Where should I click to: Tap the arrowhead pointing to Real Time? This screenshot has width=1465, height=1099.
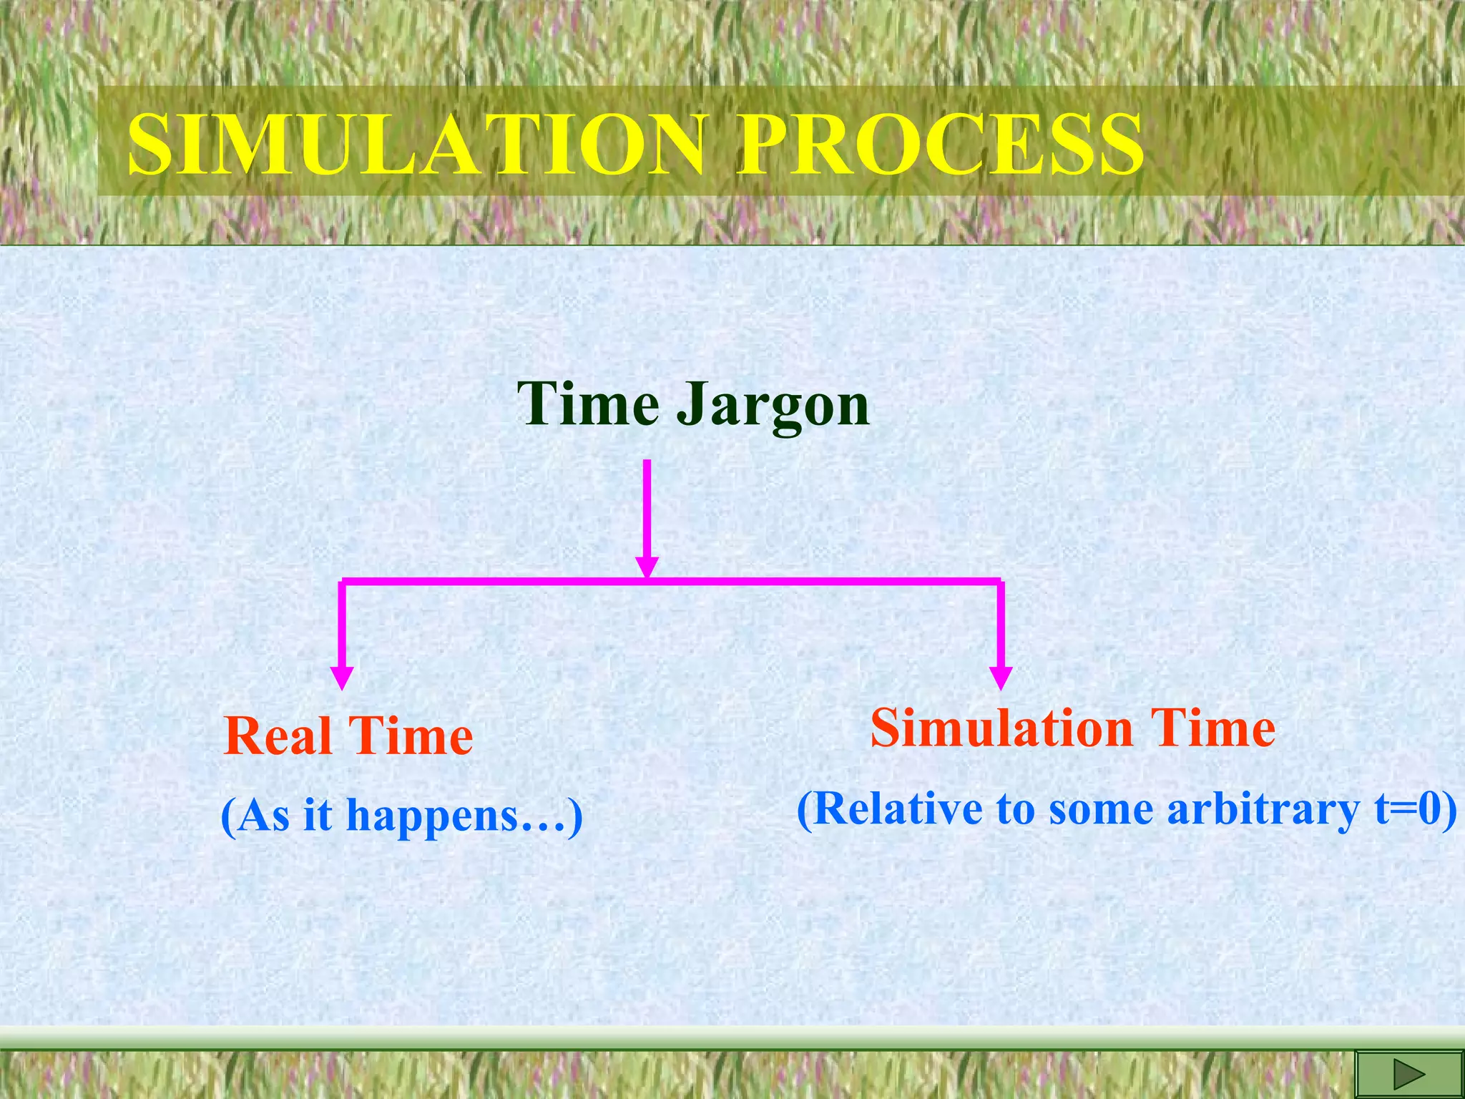342,678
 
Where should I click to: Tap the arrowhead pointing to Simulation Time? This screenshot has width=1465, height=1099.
1000,678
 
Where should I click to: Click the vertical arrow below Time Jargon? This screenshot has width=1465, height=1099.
647,515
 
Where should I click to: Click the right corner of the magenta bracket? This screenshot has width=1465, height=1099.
999,582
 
